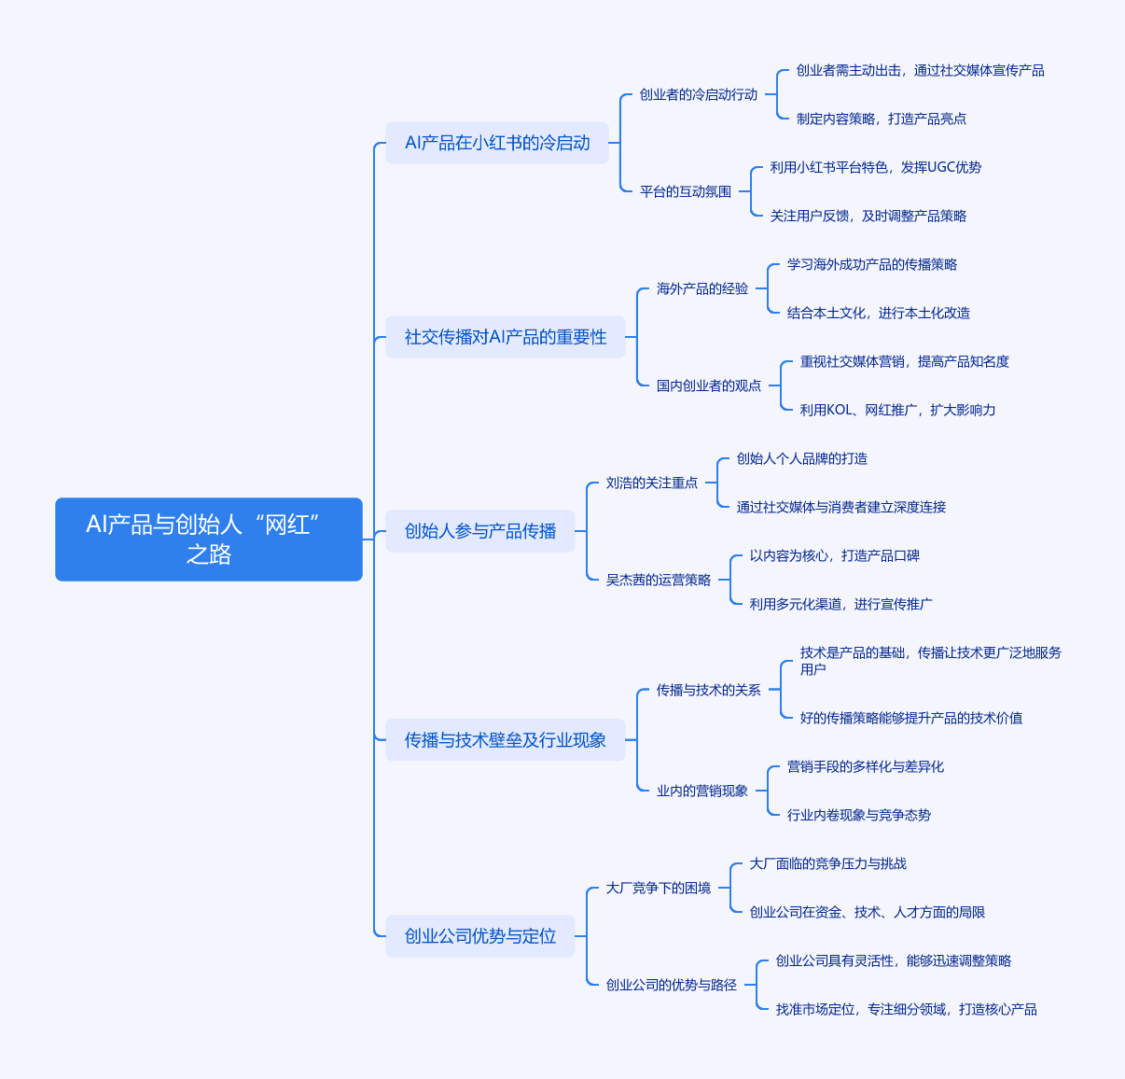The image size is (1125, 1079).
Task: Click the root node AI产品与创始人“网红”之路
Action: (x=208, y=539)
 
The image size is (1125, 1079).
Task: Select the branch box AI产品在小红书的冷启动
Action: (x=496, y=143)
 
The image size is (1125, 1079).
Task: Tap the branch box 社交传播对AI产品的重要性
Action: (x=505, y=337)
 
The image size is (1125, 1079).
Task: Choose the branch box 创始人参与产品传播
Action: (x=479, y=531)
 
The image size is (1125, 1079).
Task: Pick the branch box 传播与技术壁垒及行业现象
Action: (x=505, y=740)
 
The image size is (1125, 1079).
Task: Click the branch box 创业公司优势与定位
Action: (x=479, y=936)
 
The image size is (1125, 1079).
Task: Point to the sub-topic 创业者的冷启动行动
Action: (x=698, y=94)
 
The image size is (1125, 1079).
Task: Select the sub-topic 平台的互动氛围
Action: (x=685, y=191)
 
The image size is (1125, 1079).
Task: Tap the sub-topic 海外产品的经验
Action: (x=701, y=288)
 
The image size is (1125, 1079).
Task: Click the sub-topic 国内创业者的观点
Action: (x=708, y=385)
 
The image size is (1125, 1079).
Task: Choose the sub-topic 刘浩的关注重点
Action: (x=651, y=483)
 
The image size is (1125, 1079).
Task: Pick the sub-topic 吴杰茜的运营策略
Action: (x=658, y=580)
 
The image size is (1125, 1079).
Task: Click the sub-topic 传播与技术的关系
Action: (x=708, y=690)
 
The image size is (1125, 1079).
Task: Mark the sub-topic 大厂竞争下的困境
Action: (x=658, y=888)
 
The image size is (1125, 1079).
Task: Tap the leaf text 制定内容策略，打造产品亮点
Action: (x=881, y=119)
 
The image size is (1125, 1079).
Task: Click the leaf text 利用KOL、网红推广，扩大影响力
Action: (x=897, y=410)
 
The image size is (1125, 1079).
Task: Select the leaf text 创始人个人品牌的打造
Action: (x=801, y=458)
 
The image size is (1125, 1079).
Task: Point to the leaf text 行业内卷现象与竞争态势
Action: (x=858, y=815)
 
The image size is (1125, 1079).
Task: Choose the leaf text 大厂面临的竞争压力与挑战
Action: (x=827, y=863)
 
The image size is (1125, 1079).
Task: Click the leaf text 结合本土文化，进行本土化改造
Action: (x=878, y=313)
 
